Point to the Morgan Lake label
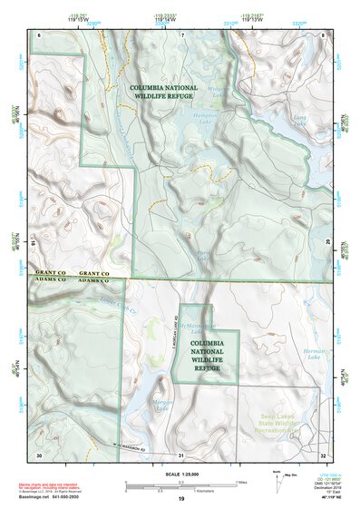click(163, 406)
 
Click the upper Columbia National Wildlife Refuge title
click(161, 88)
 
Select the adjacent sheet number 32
click(323, 455)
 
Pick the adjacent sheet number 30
click(39, 455)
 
